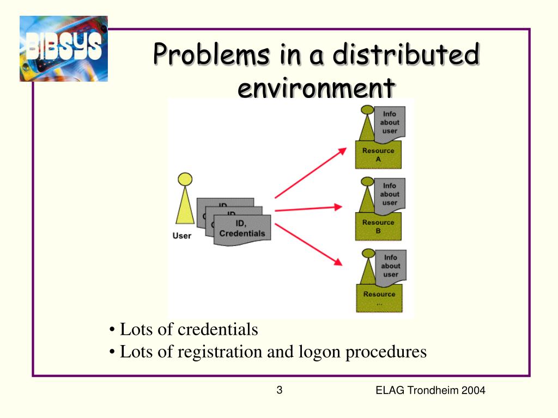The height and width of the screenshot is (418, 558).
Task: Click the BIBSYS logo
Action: [63, 48]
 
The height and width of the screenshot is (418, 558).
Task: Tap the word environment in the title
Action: [316, 88]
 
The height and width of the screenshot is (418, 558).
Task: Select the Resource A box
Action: [378, 155]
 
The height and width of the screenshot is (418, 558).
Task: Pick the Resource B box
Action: [378, 226]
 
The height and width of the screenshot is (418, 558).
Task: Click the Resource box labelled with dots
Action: [379, 298]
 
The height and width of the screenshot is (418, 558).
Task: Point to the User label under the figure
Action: [182, 236]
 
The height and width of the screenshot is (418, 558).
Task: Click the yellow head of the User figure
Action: [185, 179]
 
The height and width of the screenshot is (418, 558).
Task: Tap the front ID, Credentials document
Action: [242, 229]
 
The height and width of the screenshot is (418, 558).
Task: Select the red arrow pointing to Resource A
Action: [311, 173]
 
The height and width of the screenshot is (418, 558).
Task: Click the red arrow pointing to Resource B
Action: [308, 208]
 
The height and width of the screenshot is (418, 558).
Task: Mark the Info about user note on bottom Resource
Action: [391, 266]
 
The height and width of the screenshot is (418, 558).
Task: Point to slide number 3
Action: [279, 390]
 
